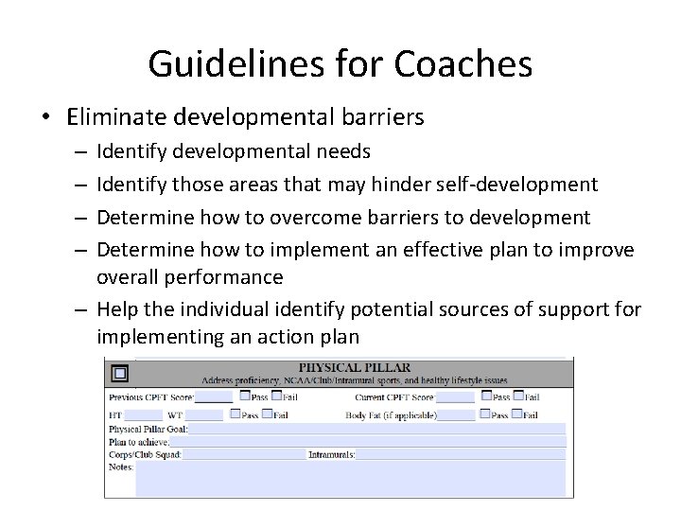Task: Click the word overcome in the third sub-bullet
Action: (311, 218)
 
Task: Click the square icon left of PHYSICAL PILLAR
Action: (119, 371)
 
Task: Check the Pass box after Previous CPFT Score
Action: (245, 396)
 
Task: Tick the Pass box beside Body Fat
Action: (485, 414)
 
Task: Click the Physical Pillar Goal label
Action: (148, 429)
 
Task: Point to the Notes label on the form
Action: (121, 467)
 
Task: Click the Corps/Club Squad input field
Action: (242, 454)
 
